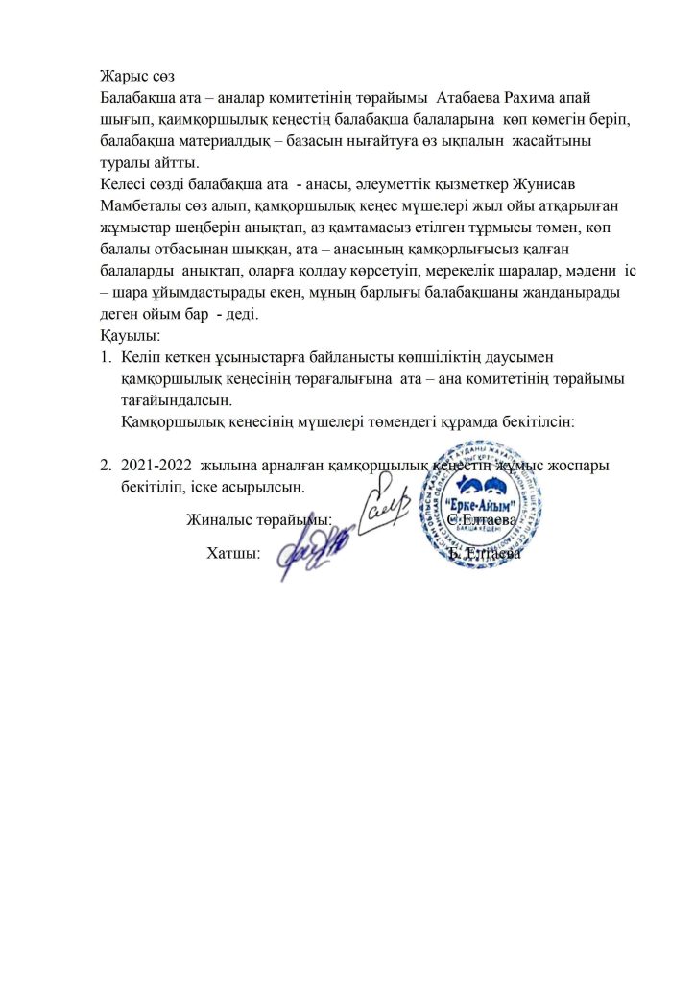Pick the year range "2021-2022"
[156, 466]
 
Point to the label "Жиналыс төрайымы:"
[259, 519]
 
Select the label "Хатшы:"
[234, 554]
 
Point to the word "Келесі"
[125, 182]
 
